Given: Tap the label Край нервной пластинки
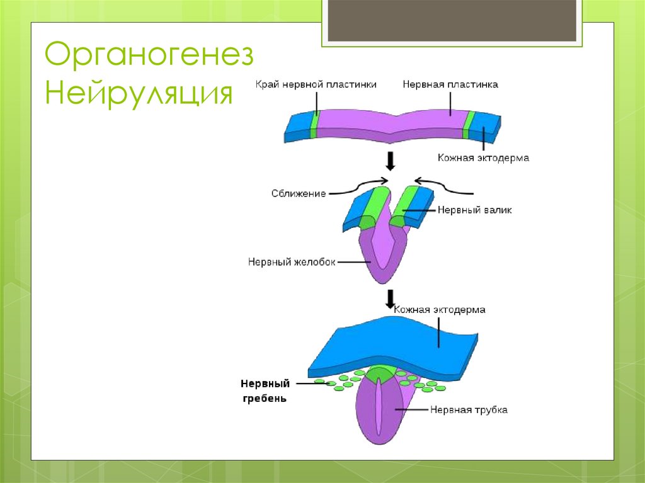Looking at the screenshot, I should [316, 84].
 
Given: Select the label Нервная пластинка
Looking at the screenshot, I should [450, 84].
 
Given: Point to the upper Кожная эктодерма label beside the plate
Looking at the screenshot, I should [484, 158].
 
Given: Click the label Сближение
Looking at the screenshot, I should [299, 193].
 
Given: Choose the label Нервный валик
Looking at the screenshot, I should [474, 210].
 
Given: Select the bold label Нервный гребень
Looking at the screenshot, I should [265, 390].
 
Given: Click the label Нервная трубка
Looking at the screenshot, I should [469, 410].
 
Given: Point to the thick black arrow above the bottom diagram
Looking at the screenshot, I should [391, 298].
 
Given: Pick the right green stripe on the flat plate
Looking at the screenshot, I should [468, 124].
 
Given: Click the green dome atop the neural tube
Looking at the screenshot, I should [380, 373].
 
